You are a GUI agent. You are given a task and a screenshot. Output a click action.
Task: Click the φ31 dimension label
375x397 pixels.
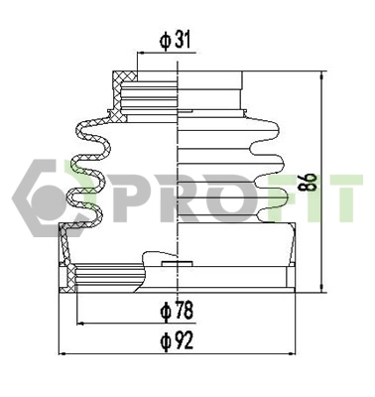tap(175, 41)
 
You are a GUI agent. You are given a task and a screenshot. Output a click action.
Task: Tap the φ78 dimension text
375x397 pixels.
tap(177, 311)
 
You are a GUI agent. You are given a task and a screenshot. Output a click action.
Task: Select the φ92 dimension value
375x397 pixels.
tap(177, 340)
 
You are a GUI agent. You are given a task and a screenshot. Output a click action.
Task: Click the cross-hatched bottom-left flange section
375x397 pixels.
tap(68, 279)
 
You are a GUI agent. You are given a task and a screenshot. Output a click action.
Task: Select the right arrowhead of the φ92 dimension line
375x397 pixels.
tap(294, 353)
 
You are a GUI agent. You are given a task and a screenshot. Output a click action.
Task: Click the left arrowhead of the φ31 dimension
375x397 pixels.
tap(139, 56)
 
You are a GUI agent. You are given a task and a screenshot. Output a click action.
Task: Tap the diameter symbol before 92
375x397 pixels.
tap(165, 340)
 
